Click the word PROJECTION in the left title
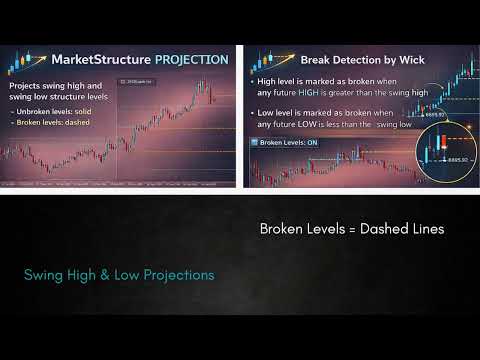[190, 60]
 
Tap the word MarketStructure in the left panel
[99, 60]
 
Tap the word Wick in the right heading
[407, 58]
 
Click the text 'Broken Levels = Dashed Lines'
[352, 228]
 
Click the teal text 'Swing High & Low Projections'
[119, 274]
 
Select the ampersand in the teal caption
[101, 274]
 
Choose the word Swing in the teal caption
[43, 274]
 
